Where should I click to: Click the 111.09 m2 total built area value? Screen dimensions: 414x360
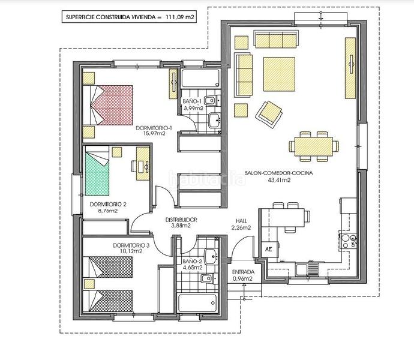click(180, 17)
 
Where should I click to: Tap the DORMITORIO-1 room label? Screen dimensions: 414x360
click(154, 128)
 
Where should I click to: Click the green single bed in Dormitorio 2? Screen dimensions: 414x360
click(97, 170)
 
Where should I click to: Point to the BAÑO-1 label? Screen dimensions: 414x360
click(192, 101)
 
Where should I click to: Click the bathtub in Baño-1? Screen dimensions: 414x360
click(200, 79)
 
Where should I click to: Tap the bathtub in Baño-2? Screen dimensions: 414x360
click(197, 302)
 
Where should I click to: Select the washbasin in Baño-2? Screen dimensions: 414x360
click(211, 256)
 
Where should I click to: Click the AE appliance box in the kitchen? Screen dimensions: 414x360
click(269, 249)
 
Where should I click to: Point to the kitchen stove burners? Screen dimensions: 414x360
click(348, 241)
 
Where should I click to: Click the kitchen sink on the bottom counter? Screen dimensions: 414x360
click(307, 269)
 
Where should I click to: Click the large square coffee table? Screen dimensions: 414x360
click(279, 74)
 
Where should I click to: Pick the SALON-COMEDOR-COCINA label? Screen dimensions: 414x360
click(279, 173)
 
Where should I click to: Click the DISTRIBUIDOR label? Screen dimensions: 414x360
click(181, 220)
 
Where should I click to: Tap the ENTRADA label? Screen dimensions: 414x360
click(243, 272)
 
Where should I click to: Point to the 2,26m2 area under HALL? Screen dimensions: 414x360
click(241, 227)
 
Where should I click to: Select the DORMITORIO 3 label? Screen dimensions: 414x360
click(131, 245)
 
